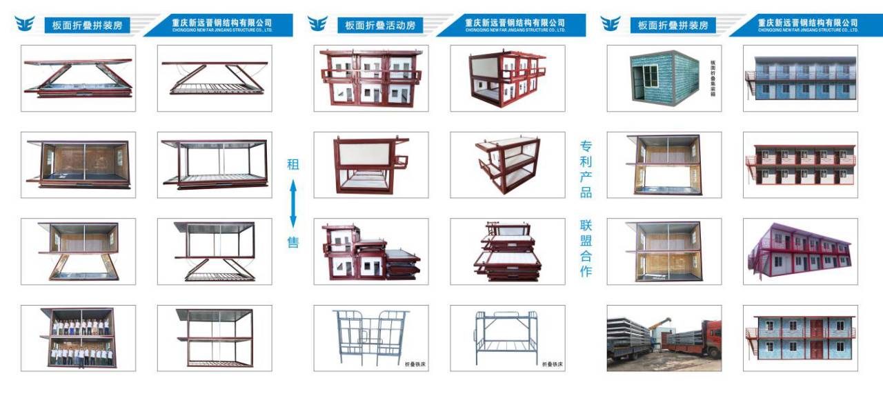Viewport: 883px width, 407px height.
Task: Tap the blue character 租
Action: (x=293, y=165)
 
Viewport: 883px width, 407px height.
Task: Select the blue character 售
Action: (x=293, y=242)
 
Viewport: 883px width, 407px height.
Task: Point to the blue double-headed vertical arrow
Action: (x=293, y=203)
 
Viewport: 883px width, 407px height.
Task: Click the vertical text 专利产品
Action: (x=586, y=169)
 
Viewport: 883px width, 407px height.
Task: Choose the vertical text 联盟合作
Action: (x=586, y=248)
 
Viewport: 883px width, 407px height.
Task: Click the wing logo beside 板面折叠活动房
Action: (x=318, y=24)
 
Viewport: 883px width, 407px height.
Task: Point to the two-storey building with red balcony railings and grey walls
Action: (x=800, y=165)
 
